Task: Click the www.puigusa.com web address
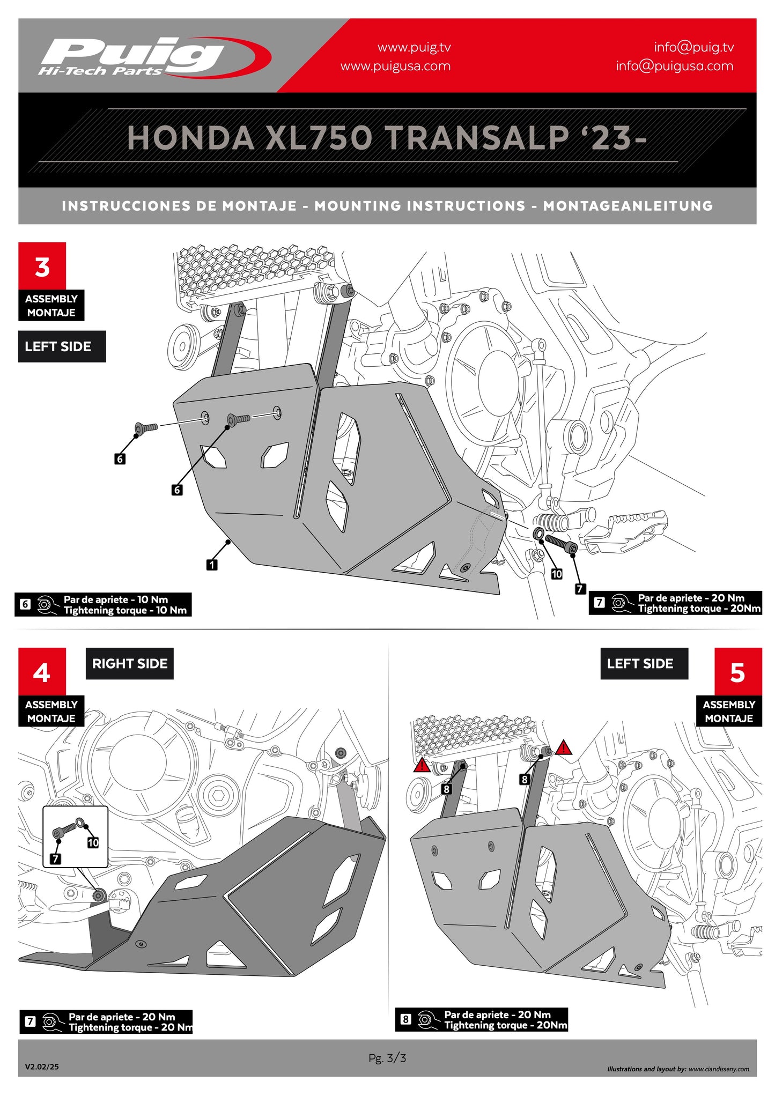(395, 66)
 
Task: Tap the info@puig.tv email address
(693, 47)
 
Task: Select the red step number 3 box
(42, 266)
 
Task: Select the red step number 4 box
(42, 672)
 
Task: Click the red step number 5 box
(737, 672)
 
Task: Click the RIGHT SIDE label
(129, 664)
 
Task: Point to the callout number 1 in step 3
(212, 565)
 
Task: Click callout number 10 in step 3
(557, 574)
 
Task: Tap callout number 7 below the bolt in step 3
(579, 589)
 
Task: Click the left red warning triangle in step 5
(422, 765)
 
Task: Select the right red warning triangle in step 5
(563, 747)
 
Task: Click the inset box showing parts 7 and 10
(75, 836)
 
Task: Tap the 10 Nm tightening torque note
(103, 605)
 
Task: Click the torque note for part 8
(482, 1020)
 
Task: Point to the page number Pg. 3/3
(387, 1058)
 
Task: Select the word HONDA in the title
(190, 138)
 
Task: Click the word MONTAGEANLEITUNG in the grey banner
(628, 206)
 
